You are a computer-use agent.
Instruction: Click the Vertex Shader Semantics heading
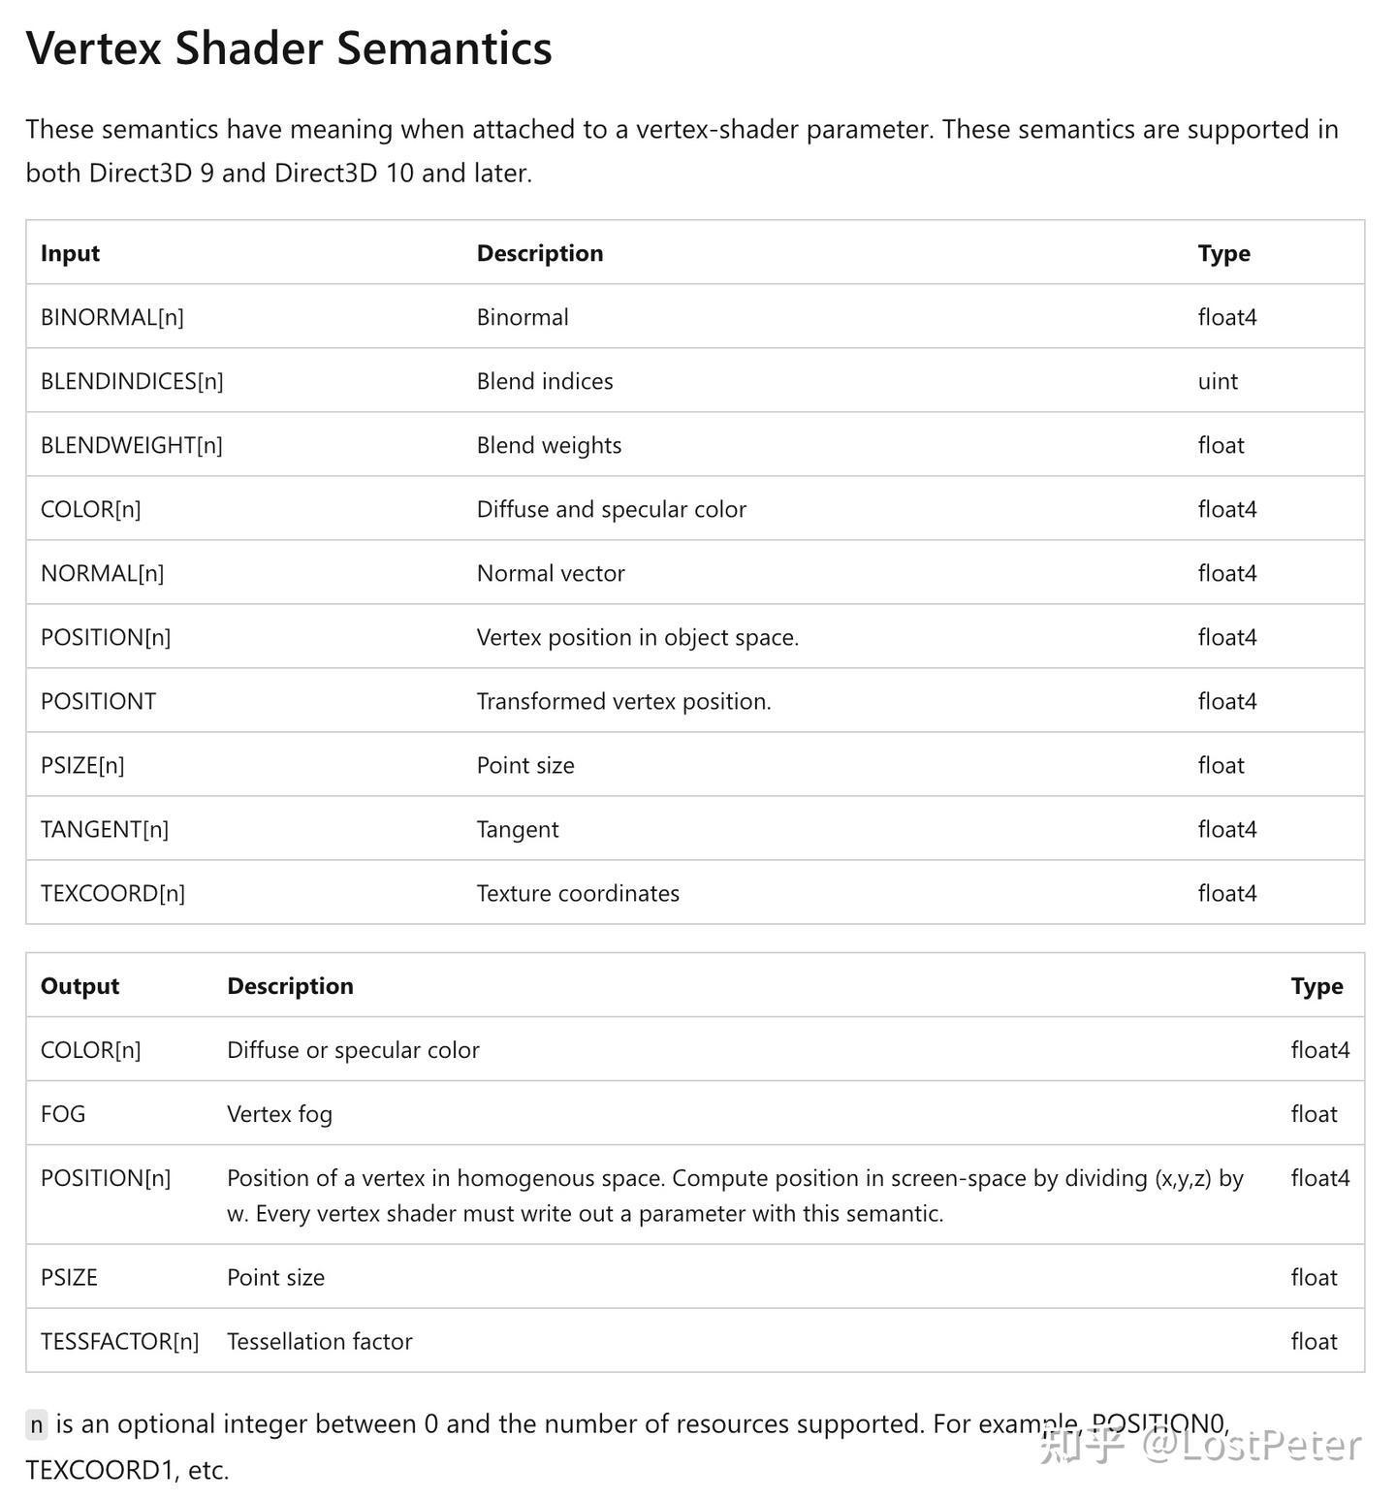tap(289, 48)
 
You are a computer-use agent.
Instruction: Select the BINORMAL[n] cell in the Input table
tap(112, 317)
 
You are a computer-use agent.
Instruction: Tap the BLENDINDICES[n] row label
tap(132, 381)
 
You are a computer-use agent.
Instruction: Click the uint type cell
tap(1218, 381)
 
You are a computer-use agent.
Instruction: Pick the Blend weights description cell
tap(549, 445)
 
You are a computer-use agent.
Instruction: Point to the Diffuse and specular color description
tap(611, 509)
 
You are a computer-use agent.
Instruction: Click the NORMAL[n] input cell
tap(102, 573)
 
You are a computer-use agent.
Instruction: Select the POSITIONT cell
tap(98, 701)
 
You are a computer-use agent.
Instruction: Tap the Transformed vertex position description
tap(623, 701)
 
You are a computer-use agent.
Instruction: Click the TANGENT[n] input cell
tap(105, 829)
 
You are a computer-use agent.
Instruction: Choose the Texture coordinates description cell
tap(578, 893)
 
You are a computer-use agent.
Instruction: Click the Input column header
tap(70, 253)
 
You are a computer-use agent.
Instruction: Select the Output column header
tap(79, 986)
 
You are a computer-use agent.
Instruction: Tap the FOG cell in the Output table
tap(63, 1114)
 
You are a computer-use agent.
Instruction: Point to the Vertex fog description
tap(279, 1114)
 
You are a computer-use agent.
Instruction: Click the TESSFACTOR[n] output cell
tap(119, 1341)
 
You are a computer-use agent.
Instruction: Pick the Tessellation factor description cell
tap(319, 1341)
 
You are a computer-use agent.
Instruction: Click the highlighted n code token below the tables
tap(36, 1424)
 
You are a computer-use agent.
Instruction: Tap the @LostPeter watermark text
tap(1251, 1446)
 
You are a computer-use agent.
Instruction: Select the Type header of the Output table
tap(1317, 986)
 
